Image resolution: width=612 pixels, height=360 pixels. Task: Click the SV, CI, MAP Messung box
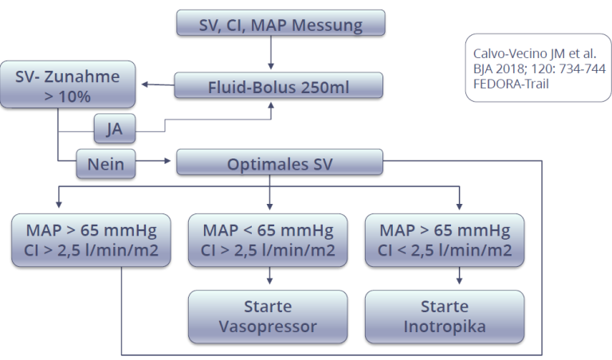280,23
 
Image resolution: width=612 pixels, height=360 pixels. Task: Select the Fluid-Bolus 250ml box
278,85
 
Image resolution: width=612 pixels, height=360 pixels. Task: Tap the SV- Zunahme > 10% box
68,84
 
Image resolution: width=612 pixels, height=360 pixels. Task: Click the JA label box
115,128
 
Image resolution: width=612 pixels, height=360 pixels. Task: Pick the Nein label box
106,164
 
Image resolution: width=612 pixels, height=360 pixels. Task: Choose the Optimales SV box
280,162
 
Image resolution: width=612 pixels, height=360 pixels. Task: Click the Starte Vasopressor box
268,317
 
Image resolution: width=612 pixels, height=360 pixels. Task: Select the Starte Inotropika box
445,317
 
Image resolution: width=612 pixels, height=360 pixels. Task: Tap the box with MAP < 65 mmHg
268,241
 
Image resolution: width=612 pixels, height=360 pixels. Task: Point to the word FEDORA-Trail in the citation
511,84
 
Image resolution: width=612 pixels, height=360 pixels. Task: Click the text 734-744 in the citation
583,68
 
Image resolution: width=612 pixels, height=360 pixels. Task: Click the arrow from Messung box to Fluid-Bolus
271,53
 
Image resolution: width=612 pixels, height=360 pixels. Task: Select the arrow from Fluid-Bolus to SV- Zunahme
158,84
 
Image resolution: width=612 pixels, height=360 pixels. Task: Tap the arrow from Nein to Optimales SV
153,161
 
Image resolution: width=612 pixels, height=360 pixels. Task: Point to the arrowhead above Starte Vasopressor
269,281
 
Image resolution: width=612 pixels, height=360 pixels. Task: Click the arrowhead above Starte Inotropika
459,281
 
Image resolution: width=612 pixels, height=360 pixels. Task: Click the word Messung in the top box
327,25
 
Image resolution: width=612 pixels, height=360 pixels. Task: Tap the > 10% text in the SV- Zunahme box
68,96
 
